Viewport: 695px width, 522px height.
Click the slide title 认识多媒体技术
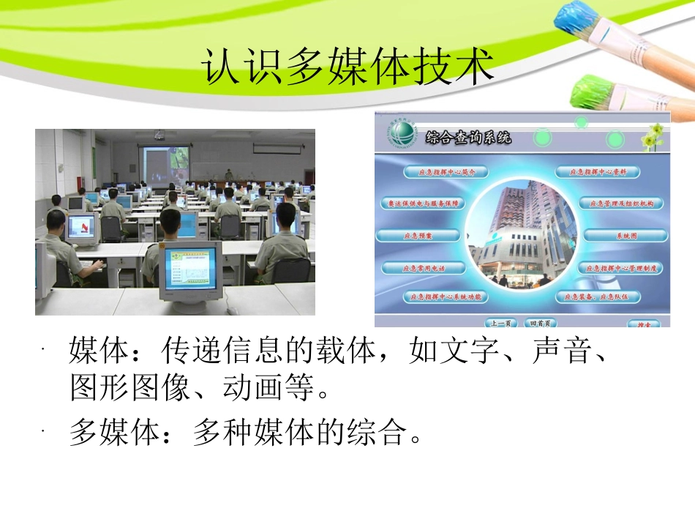(347, 68)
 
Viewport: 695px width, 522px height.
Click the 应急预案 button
(418, 236)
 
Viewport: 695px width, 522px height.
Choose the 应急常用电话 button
(423, 268)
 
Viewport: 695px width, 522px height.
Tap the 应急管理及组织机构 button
(621, 203)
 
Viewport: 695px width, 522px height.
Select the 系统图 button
(625, 236)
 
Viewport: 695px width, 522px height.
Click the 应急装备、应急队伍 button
(597, 297)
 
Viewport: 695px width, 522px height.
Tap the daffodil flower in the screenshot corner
(654, 135)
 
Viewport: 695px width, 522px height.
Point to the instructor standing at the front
(228, 175)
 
